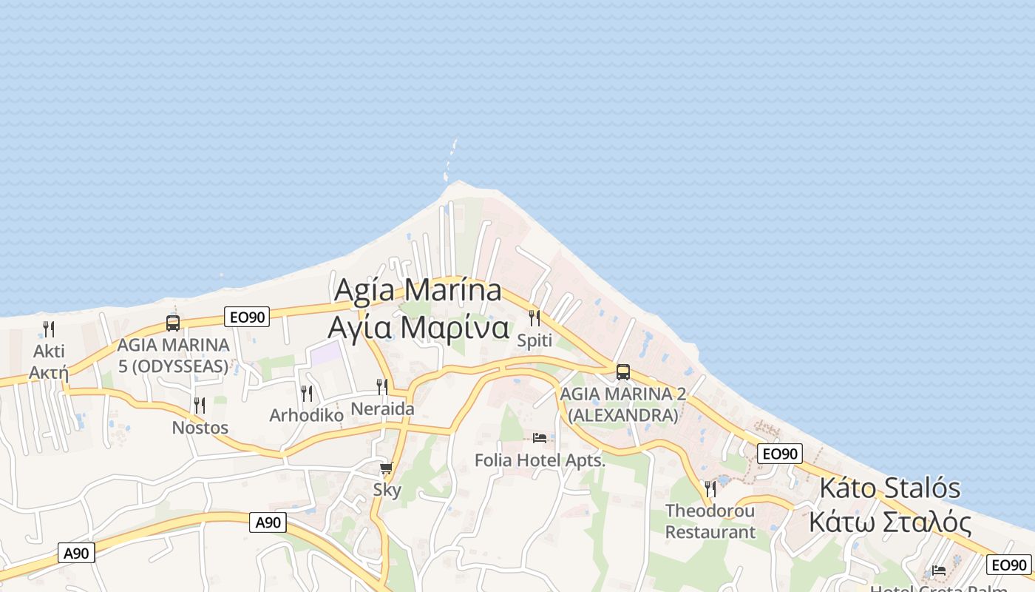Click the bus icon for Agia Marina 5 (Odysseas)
173,323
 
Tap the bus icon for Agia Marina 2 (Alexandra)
623,372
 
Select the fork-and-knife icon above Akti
49,329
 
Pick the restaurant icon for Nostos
200,406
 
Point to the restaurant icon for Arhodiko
307,394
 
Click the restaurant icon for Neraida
382,387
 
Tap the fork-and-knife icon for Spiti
535,318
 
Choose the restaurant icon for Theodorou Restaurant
710,489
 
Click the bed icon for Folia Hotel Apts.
540,438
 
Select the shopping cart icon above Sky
386,468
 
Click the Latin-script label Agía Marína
418,289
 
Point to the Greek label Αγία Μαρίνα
418,326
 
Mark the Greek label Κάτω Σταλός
889,522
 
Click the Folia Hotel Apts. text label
540,460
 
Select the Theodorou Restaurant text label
710,521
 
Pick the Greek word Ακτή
49,371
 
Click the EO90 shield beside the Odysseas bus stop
247,317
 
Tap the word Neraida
382,408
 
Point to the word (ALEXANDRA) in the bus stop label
622,415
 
